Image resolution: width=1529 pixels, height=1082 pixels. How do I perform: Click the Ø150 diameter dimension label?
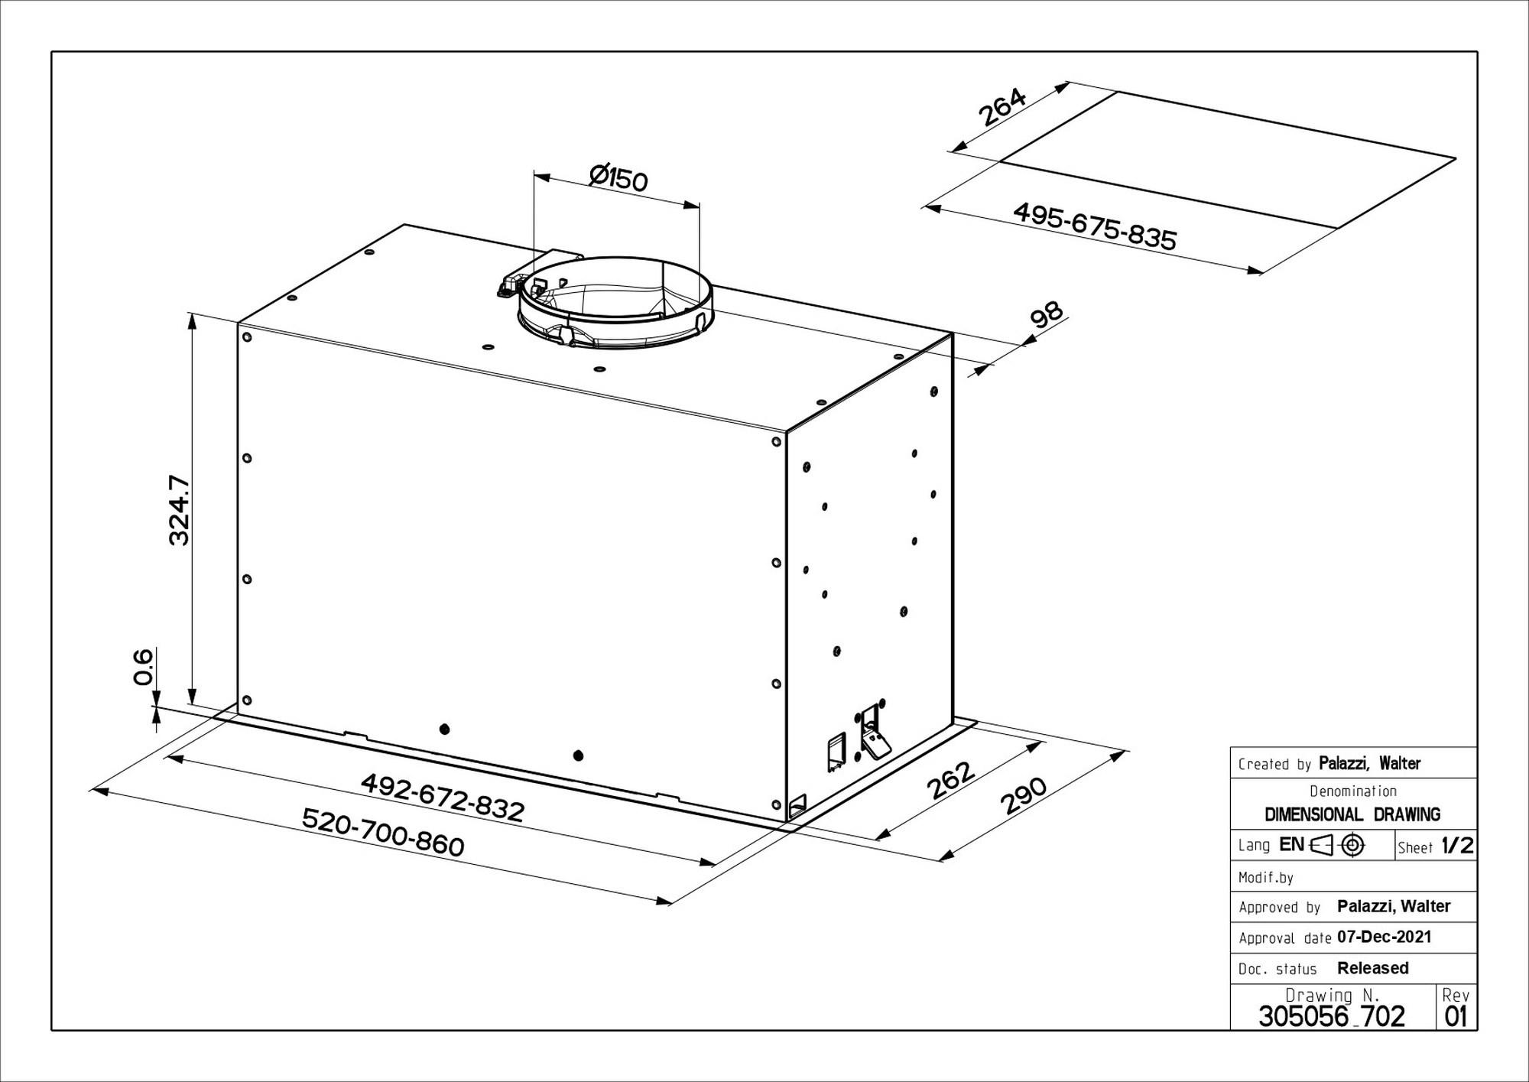coord(618,177)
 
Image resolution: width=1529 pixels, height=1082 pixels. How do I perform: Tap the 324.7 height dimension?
coord(179,510)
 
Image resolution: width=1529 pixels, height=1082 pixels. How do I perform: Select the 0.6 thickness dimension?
coord(143,667)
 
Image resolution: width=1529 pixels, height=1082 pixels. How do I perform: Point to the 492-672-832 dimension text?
coord(443,797)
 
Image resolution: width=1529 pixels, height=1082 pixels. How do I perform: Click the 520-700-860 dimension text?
coord(383,832)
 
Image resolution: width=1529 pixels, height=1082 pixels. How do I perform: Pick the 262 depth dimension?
coord(950,780)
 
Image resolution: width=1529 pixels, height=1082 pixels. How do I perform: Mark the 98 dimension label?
coord(1047,314)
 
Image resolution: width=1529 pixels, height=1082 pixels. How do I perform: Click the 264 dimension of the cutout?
coord(1002,108)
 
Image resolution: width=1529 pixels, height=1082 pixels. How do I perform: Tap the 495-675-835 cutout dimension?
coord(1095,226)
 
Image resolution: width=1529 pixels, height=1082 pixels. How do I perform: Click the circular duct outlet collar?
coord(616,303)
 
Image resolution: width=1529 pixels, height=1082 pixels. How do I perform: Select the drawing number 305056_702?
coord(1332,1016)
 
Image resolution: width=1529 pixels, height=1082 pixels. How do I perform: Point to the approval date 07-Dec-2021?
coord(1385,937)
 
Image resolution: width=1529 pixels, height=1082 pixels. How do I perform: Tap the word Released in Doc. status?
coord(1373,968)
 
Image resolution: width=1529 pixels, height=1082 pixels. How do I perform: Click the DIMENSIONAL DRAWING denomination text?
coord(1352,814)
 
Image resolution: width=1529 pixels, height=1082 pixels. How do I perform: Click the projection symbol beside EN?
coord(1338,845)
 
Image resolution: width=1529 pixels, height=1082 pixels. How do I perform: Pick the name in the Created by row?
coord(1370,763)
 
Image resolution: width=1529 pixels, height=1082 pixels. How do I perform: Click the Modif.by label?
coord(1266,878)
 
